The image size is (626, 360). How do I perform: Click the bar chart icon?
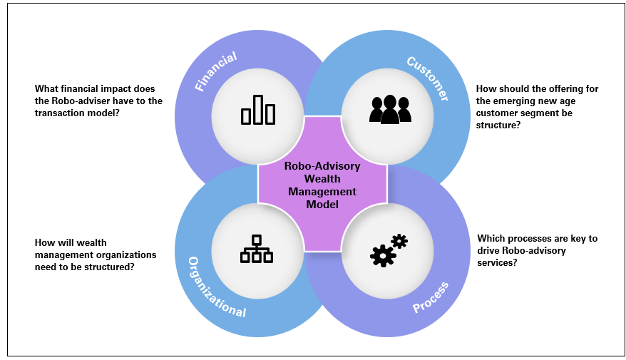coord(257,110)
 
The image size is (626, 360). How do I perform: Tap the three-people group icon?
coord(389,110)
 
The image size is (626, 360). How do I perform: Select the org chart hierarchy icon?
coord(257,249)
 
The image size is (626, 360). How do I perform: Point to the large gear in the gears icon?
coord(383,254)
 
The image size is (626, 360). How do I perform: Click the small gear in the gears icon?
coord(399,241)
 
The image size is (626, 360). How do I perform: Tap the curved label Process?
coord(431,297)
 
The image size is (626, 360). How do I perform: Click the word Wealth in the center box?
coord(322,178)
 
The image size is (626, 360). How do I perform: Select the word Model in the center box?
coord(322,204)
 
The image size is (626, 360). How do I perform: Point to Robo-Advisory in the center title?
coord(322,165)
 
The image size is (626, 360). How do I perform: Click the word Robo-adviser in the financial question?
coord(86,101)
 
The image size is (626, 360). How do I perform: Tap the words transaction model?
coord(77,113)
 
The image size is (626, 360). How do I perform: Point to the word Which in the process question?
coord(491,238)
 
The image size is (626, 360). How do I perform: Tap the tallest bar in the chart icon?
coord(258,109)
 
